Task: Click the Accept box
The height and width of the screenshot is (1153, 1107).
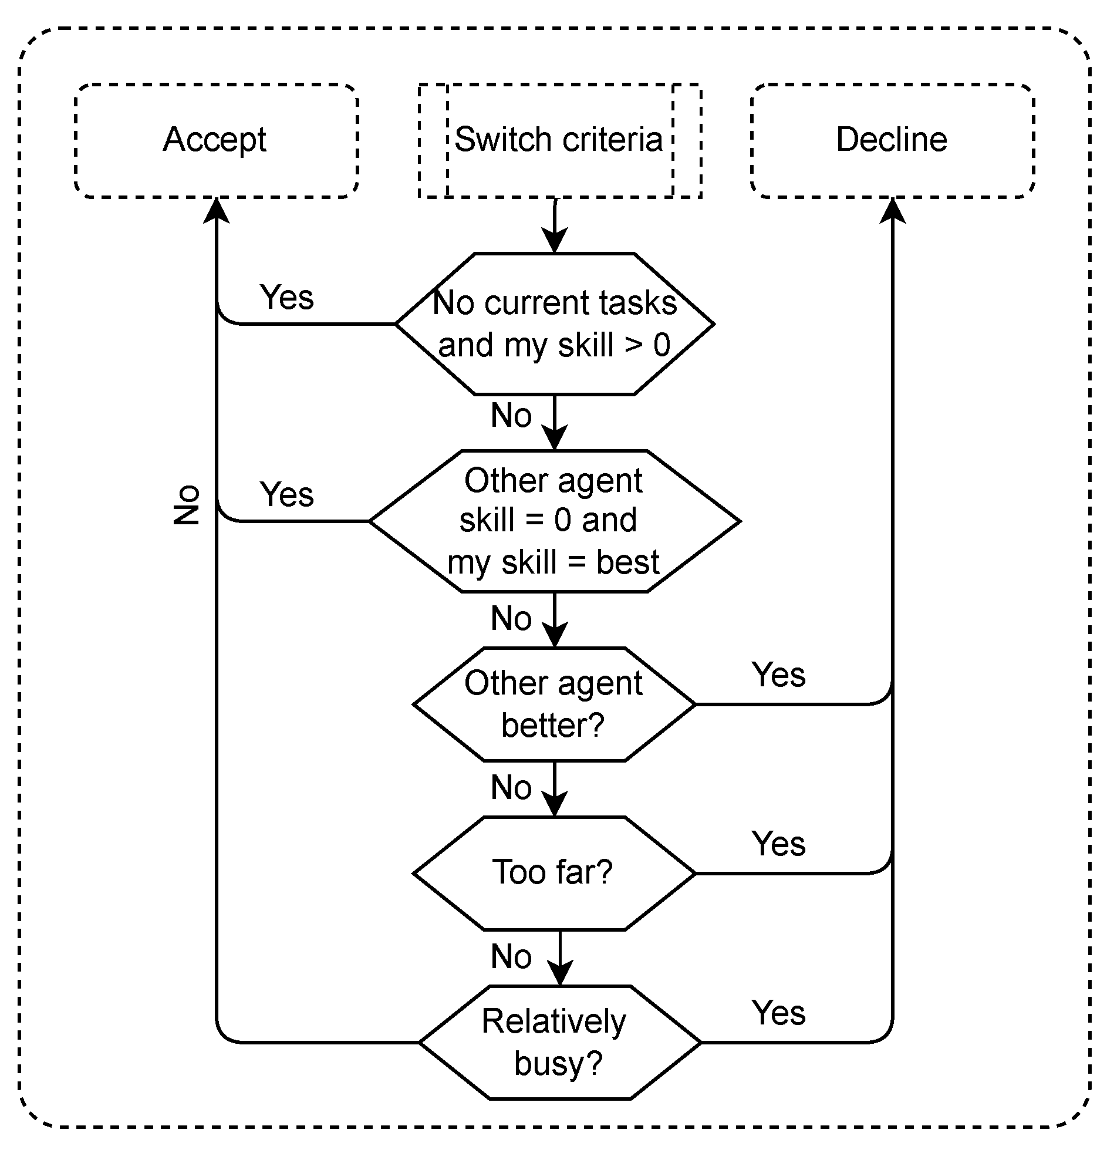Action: [216, 140]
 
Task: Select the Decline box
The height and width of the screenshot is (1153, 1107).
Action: [892, 140]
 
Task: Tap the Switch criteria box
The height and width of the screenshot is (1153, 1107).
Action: [559, 140]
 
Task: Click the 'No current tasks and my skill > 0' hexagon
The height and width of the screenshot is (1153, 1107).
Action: [554, 323]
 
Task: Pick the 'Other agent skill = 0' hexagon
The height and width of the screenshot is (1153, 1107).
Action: [554, 521]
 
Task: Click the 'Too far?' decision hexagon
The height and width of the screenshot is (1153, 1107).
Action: [554, 873]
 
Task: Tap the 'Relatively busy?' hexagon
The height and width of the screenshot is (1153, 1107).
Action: [559, 1042]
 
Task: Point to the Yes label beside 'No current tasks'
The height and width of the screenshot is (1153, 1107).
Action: [286, 297]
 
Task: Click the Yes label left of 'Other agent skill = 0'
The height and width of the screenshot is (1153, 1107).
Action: [286, 494]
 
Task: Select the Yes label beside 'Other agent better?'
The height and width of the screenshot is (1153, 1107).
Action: [778, 675]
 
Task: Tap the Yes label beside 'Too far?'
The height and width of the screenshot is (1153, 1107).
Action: [778, 844]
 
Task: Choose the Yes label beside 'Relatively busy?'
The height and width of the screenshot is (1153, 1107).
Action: [778, 1013]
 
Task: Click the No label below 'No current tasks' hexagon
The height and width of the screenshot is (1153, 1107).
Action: [511, 415]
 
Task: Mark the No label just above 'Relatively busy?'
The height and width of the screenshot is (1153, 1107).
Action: [511, 956]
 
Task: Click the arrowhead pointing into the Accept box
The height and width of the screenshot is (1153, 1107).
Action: [216, 211]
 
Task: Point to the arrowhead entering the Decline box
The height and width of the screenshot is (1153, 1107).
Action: [892, 211]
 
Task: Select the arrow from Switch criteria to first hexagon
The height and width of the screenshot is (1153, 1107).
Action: [554, 227]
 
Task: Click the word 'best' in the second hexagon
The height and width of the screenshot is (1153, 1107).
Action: [627, 562]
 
